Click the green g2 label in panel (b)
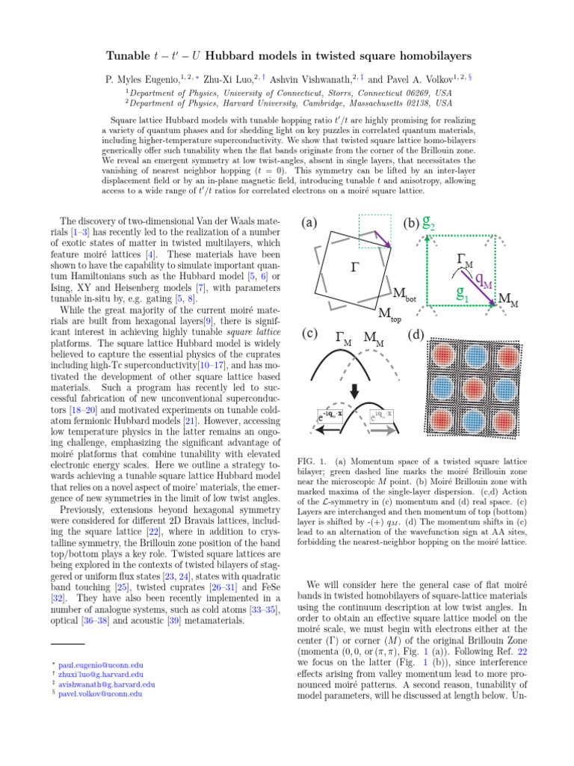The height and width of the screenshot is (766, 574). [430, 222]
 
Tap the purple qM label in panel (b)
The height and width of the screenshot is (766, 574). [484, 281]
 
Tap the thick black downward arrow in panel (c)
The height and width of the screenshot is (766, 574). [354, 393]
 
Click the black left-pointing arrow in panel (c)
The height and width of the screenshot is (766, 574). [327, 432]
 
